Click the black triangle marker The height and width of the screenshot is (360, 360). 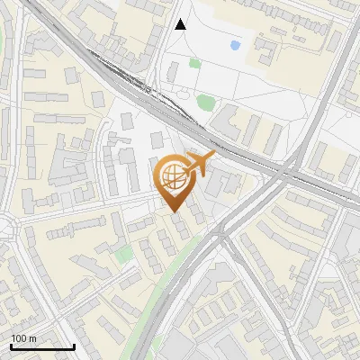coord(181,24)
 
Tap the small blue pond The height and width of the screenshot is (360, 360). coord(235,44)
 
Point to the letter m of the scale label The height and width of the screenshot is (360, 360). coord(32,338)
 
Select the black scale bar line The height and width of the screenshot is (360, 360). coord(42,346)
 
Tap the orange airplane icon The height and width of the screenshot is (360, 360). coord(200,164)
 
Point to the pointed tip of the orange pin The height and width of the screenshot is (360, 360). coord(174,211)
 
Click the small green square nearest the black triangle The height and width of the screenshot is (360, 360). coord(194,63)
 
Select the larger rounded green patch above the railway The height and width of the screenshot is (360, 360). coord(206,102)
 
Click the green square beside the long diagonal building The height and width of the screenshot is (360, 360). coord(123,255)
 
